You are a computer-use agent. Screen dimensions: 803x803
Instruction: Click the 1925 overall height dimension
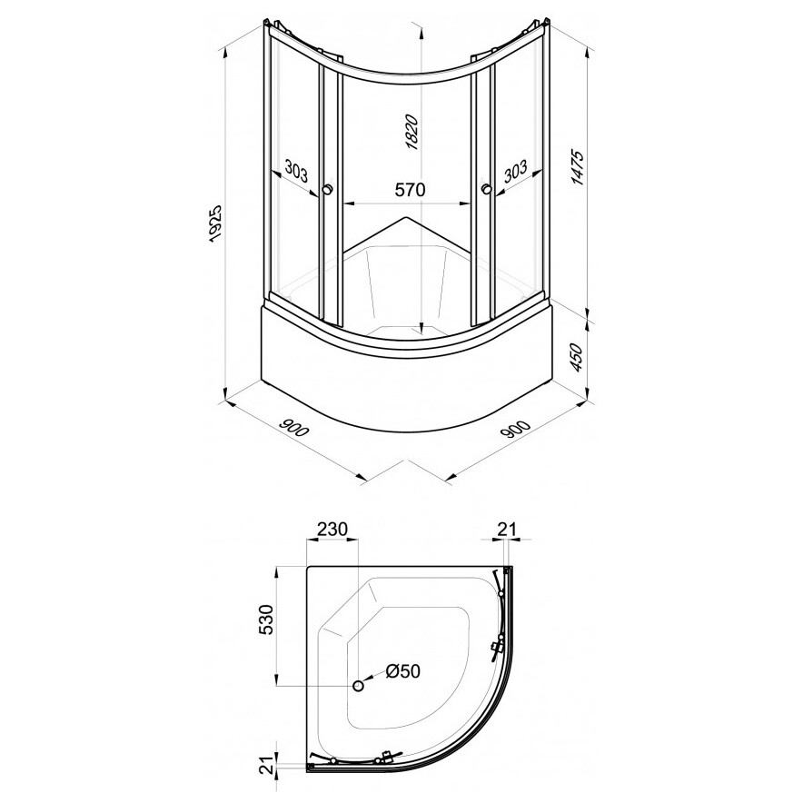click(x=215, y=223)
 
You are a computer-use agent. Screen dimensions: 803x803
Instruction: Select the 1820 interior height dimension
click(x=412, y=133)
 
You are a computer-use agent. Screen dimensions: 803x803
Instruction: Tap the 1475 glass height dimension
click(x=577, y=167)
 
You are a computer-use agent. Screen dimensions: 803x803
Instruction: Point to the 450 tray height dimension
click(x=577, y=358)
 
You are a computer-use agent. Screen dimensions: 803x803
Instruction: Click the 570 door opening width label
click(x=411, y=190)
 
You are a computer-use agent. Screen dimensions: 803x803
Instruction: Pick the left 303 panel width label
click(x=296, y=171)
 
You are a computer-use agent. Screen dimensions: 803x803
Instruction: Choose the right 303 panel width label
click(x=515, y=171)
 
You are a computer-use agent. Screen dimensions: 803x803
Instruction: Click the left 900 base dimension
click(x=294, y=427)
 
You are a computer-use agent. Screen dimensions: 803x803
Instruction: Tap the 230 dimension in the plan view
click(x=332, y=529)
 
